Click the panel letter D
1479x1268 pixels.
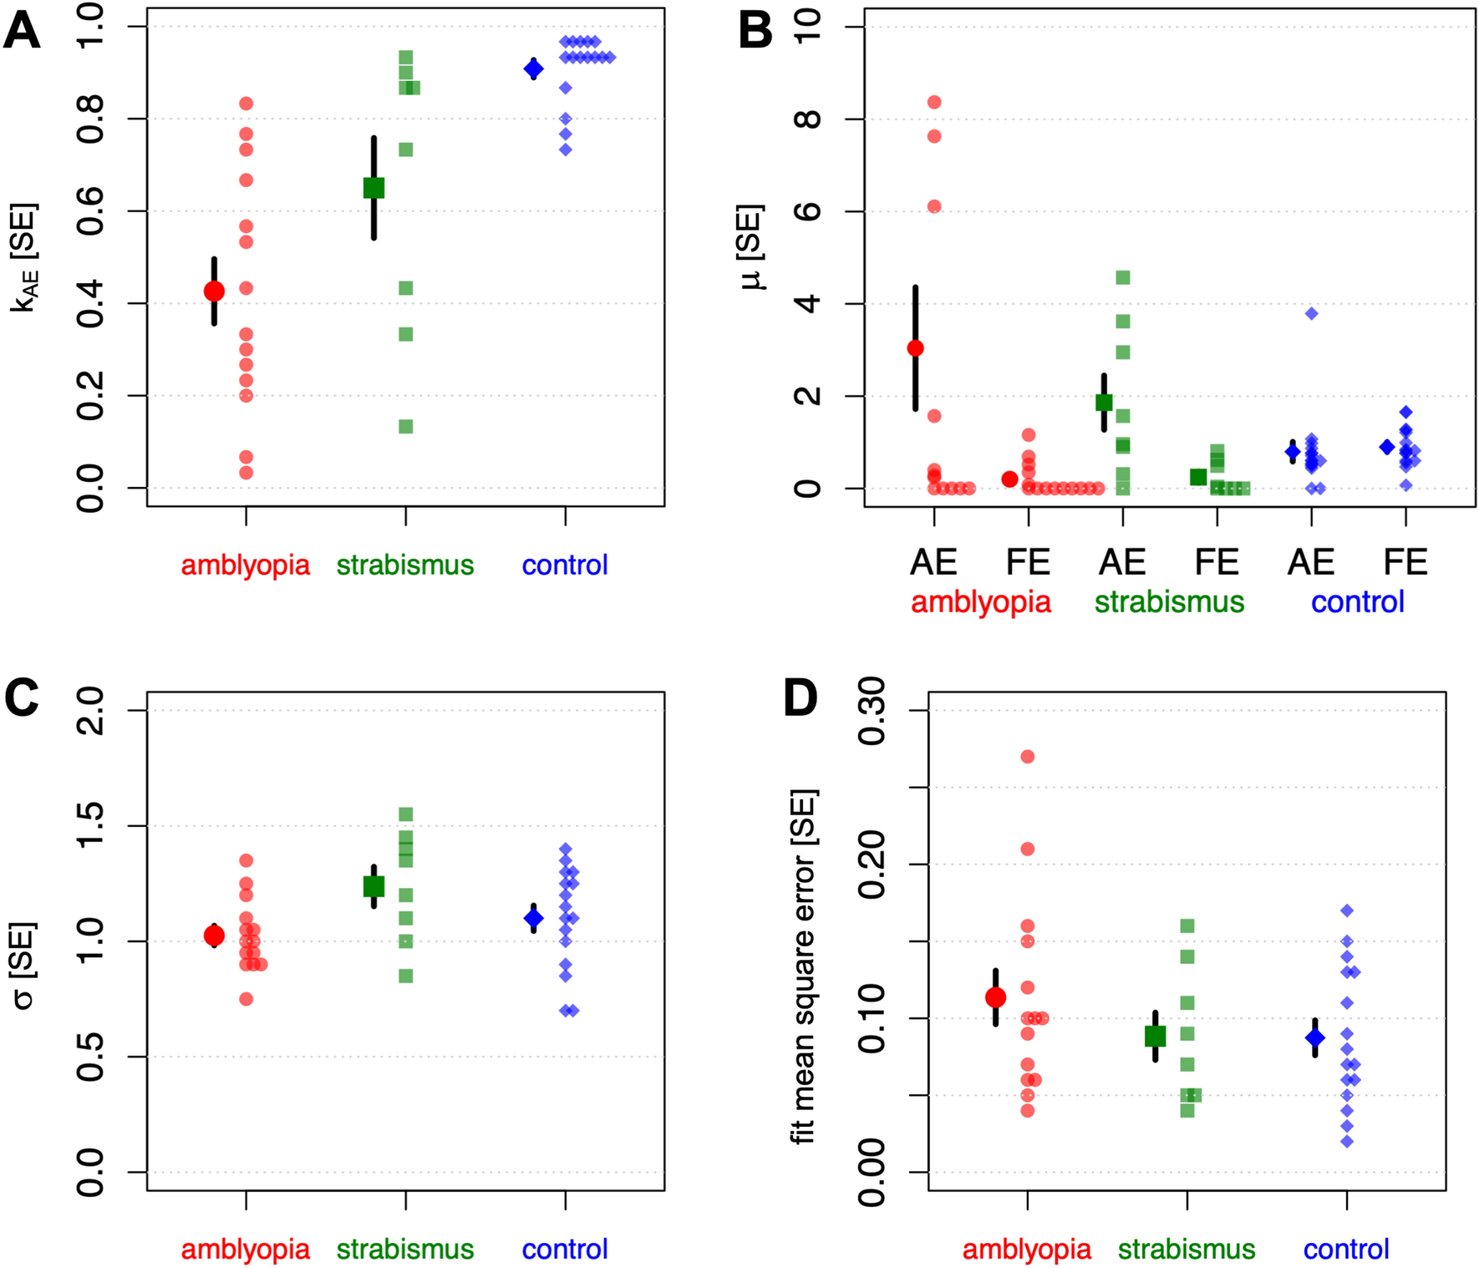coord(800,698)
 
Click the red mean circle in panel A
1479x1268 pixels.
coord(214,291)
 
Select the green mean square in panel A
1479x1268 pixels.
coord(374,188)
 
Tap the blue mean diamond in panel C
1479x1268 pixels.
coord(533,918)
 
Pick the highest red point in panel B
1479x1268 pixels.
coord(934,102)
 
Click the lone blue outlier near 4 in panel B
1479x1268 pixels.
coord(1312,313)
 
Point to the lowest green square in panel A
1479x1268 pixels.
coord(406,427)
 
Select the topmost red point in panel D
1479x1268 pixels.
coord(1028,757)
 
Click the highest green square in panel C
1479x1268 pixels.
coord(406,814)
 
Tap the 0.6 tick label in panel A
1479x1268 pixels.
coord(90,211)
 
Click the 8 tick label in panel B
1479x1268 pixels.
coord(807,119)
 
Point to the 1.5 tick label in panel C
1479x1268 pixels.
coord(90,825)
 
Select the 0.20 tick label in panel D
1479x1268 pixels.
coord(872,864)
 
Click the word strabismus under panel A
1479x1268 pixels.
coord(405,566)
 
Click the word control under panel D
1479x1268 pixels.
coord(1346,1250)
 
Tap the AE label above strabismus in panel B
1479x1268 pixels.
coord(1122,562)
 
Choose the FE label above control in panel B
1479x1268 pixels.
coord(1405,562)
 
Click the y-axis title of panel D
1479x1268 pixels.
coord(803,966)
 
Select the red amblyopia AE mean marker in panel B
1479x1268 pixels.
coord(915,347)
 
